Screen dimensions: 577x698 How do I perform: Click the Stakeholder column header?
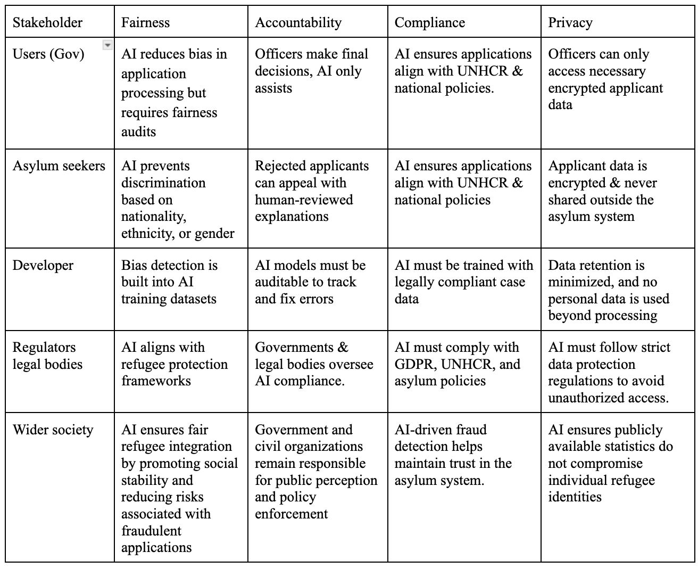47,22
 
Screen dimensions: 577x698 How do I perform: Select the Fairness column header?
145,22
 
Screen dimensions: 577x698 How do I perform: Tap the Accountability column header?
298,22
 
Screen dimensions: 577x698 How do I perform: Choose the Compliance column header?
429,22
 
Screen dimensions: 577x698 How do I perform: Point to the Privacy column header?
570,22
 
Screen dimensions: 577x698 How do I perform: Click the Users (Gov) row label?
48,54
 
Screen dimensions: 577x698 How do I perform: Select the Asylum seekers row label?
59,166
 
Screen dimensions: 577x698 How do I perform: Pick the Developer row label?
43,265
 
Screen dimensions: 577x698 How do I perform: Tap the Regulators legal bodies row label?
47,356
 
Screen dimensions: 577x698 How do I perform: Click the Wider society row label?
53,430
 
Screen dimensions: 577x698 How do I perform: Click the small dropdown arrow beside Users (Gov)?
107,45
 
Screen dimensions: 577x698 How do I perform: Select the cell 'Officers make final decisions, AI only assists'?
311,71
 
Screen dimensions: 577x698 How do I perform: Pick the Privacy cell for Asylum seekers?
602,191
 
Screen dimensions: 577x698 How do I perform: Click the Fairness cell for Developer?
169,282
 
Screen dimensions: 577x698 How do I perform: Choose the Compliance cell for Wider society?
453,455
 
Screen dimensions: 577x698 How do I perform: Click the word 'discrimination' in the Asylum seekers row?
163,183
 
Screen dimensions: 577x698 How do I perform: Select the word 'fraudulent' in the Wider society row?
151,531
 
